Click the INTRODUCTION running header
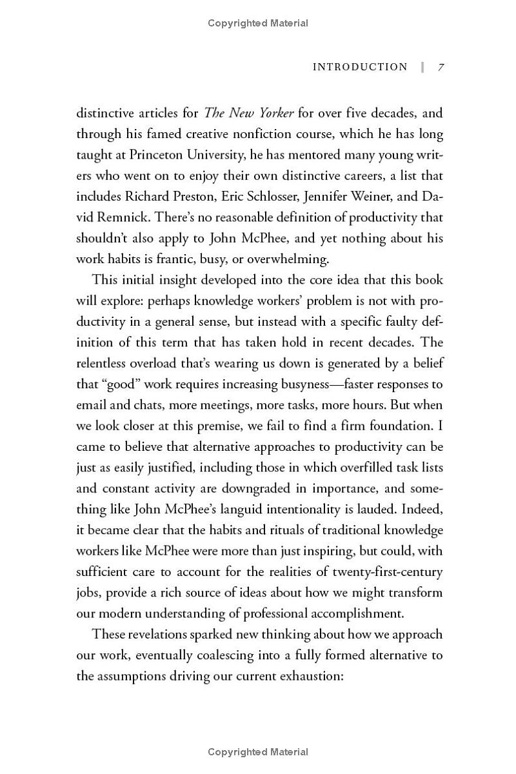point(360,67)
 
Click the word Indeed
point(423,510)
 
